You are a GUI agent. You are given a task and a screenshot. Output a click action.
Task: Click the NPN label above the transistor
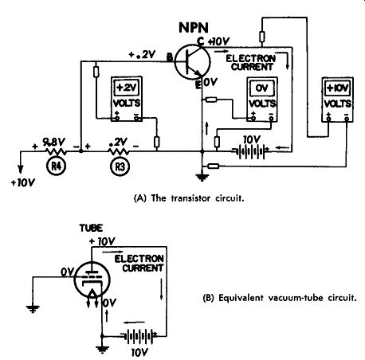point(194,27)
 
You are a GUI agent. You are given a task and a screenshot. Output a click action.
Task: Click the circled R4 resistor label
point(56,166)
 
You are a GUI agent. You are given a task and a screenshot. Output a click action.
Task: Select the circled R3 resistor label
point(120,166)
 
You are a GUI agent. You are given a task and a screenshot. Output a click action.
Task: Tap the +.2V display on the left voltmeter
point(127,88)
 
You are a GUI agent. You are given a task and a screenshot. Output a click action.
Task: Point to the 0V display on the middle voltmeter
point(262,88)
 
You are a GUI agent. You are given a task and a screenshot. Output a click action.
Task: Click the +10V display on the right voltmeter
point(337,88)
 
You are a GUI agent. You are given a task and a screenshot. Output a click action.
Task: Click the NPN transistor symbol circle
point(193,61)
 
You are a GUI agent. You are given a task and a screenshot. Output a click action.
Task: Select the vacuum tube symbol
point(92,280)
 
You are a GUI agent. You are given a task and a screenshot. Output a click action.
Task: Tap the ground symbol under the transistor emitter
point(202,177)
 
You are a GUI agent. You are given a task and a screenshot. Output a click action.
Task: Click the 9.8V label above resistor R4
point(53,143)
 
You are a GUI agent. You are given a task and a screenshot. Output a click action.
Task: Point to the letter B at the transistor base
point(170,57)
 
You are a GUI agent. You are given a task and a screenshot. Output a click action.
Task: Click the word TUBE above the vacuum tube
point(91,228)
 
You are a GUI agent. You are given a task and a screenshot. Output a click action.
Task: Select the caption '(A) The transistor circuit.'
point(189,198)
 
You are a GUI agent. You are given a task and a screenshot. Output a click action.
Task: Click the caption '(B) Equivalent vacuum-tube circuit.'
point(279,298)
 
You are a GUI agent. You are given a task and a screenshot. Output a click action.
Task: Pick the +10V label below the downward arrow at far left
point(23,183)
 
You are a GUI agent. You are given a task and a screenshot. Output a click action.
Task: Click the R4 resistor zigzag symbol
point(57,151)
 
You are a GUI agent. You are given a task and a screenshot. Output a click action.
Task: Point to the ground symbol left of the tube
point(33,309)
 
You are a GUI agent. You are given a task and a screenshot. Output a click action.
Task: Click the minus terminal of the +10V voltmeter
point(347,119)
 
